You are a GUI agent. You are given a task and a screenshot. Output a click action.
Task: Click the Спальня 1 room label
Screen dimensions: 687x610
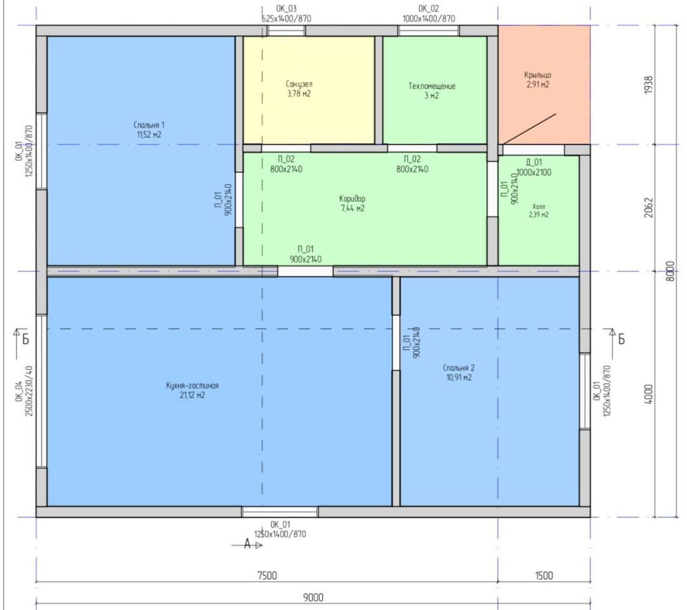point(149,130)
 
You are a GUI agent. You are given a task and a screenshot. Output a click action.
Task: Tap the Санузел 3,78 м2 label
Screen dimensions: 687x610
point(299,88)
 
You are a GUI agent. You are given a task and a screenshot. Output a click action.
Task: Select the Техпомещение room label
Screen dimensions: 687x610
point(432,91)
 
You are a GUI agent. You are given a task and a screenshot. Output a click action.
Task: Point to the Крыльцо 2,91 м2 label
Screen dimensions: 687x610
point(538,80)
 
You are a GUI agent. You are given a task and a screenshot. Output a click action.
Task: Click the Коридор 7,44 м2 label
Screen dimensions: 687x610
point(352,204)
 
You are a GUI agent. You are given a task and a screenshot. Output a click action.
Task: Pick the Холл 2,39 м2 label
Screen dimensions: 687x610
point(539,211)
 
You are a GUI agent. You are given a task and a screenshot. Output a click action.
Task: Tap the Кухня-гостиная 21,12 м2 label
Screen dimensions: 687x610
point(192,390)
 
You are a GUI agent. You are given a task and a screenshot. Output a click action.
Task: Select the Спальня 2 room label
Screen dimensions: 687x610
point(459,373)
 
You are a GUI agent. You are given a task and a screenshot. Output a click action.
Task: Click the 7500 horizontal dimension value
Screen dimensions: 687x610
point(267,576)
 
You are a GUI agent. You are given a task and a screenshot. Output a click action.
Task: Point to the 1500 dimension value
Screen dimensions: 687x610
point(544,576)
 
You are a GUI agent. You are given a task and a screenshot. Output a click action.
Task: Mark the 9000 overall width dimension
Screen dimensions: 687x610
point(313,597)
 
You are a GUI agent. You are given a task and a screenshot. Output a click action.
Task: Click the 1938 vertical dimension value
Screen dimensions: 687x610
point(649,85)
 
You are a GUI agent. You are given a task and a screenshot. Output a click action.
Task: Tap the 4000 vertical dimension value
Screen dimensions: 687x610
point(649,394)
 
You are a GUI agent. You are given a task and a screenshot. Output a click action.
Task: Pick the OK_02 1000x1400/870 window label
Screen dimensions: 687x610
point(429,13)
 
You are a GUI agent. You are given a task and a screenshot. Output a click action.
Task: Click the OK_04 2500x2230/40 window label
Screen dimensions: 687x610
point(24,391)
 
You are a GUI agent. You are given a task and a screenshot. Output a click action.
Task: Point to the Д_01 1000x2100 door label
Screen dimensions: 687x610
point(534,167)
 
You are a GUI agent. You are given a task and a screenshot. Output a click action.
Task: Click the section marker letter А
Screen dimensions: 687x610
point(247,544)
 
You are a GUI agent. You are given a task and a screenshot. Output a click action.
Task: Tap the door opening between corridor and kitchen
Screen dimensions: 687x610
point(305,271)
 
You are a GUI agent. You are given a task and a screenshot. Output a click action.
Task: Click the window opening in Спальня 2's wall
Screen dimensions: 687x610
point(585,391)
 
